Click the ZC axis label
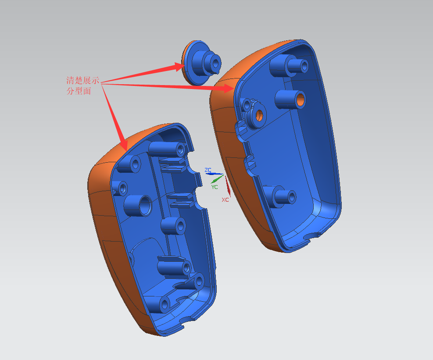208,170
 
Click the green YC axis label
215,187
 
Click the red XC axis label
225,200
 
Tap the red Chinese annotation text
82,86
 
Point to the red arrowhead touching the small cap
179,67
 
